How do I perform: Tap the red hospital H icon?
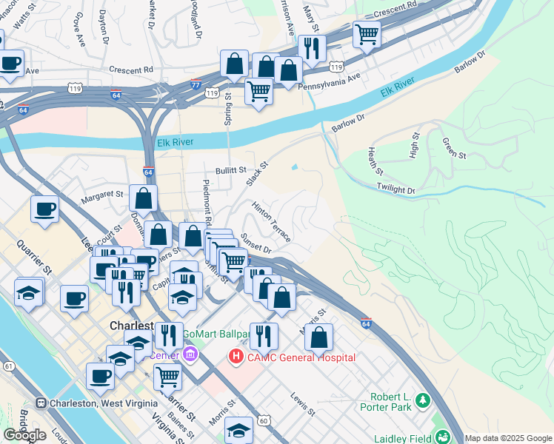point(236,357)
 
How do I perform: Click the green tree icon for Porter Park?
point(423,400)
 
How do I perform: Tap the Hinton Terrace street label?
point(270,220)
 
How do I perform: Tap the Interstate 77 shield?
point(196,84)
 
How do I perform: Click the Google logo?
point(24,434)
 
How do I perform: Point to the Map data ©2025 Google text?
point(508,438)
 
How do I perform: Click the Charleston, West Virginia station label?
point(103,403)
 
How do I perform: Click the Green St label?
point(453,148)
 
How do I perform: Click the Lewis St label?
point(304,404)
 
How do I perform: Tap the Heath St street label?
point(375,161)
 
